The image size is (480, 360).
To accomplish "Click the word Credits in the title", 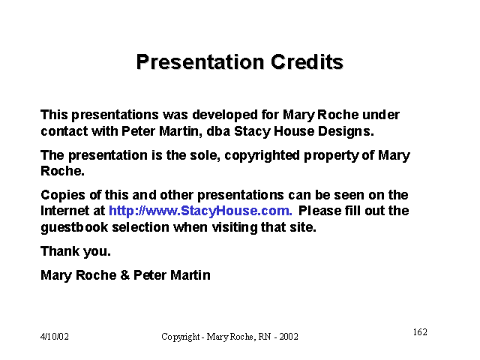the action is (307, 61).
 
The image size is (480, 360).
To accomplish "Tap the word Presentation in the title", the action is (200, 61).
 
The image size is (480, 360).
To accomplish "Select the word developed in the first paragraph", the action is (225, 115).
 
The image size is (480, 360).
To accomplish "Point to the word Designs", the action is (346, 132).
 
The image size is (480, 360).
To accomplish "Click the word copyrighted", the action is (262, 156).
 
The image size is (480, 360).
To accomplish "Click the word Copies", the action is (63, 196).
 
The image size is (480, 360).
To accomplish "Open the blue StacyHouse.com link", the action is (200, 211).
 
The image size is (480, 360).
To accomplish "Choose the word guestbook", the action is (74, 228).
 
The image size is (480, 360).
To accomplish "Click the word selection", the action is (140, 227).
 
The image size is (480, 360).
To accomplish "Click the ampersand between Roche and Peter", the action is (125, 275).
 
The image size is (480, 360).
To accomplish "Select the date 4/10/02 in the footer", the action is (55, 337).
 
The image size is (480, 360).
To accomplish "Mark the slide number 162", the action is (420, 332).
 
